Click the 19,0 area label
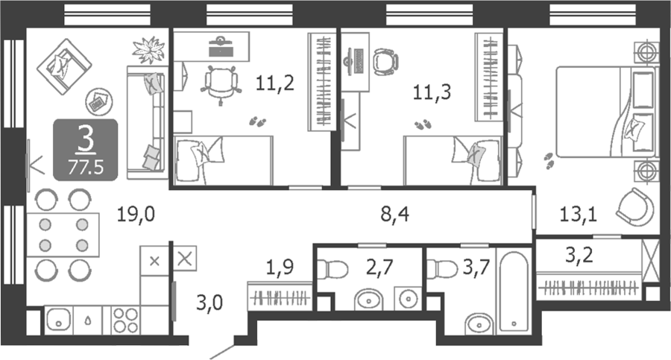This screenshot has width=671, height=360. tap(136, 214)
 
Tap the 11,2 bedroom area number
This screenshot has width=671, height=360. tap(274, 83)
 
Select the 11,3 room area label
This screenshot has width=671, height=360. tap(432, 92)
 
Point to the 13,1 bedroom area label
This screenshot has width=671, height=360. tap(578, 214)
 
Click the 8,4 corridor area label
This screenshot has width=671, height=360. tap(394, 214)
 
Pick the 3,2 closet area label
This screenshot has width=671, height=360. tap(579, 255)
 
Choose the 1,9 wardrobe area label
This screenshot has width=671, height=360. tap(280, 268)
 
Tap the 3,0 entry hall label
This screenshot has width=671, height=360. tap(210, 303)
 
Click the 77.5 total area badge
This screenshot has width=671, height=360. tap(86, 168)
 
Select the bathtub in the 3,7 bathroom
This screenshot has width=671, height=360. tap(514, 292)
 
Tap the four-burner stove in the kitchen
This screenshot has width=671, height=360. tap(125, 320)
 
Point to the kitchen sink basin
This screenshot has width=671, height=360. tap(59, 319)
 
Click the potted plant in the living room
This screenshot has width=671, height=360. tap(148, 50)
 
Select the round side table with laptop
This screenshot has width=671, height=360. tap(99, 102)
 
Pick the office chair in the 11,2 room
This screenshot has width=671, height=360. tap(221, 82)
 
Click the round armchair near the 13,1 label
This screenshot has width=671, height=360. tap(635, 207)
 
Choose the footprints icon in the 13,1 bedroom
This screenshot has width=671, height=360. tap(549, 160)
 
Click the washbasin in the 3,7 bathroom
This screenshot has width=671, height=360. tap(479, 324)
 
